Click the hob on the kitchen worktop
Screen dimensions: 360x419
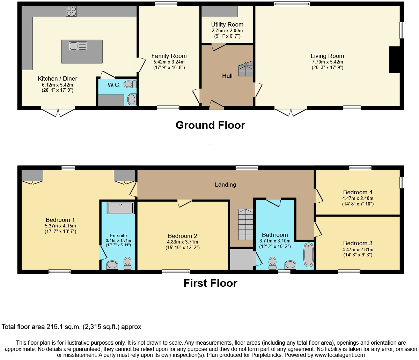[71, 12]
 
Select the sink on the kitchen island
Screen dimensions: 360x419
[78, 46]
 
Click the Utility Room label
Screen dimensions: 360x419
[227, 24]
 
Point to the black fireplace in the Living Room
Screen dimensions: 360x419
[395, 60]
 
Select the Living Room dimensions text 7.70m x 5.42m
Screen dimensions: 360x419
[327, 62]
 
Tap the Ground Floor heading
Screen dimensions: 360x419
[210, 125]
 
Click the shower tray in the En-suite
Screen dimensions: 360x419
[120, 208]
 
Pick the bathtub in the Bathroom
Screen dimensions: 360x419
[308, 255]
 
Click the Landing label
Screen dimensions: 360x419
[225, 185]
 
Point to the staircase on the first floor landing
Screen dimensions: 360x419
[245, 224]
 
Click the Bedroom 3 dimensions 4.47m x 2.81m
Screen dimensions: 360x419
[358, 249]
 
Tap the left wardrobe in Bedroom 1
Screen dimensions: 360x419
[32, 175]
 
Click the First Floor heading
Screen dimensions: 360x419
[210, 283]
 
